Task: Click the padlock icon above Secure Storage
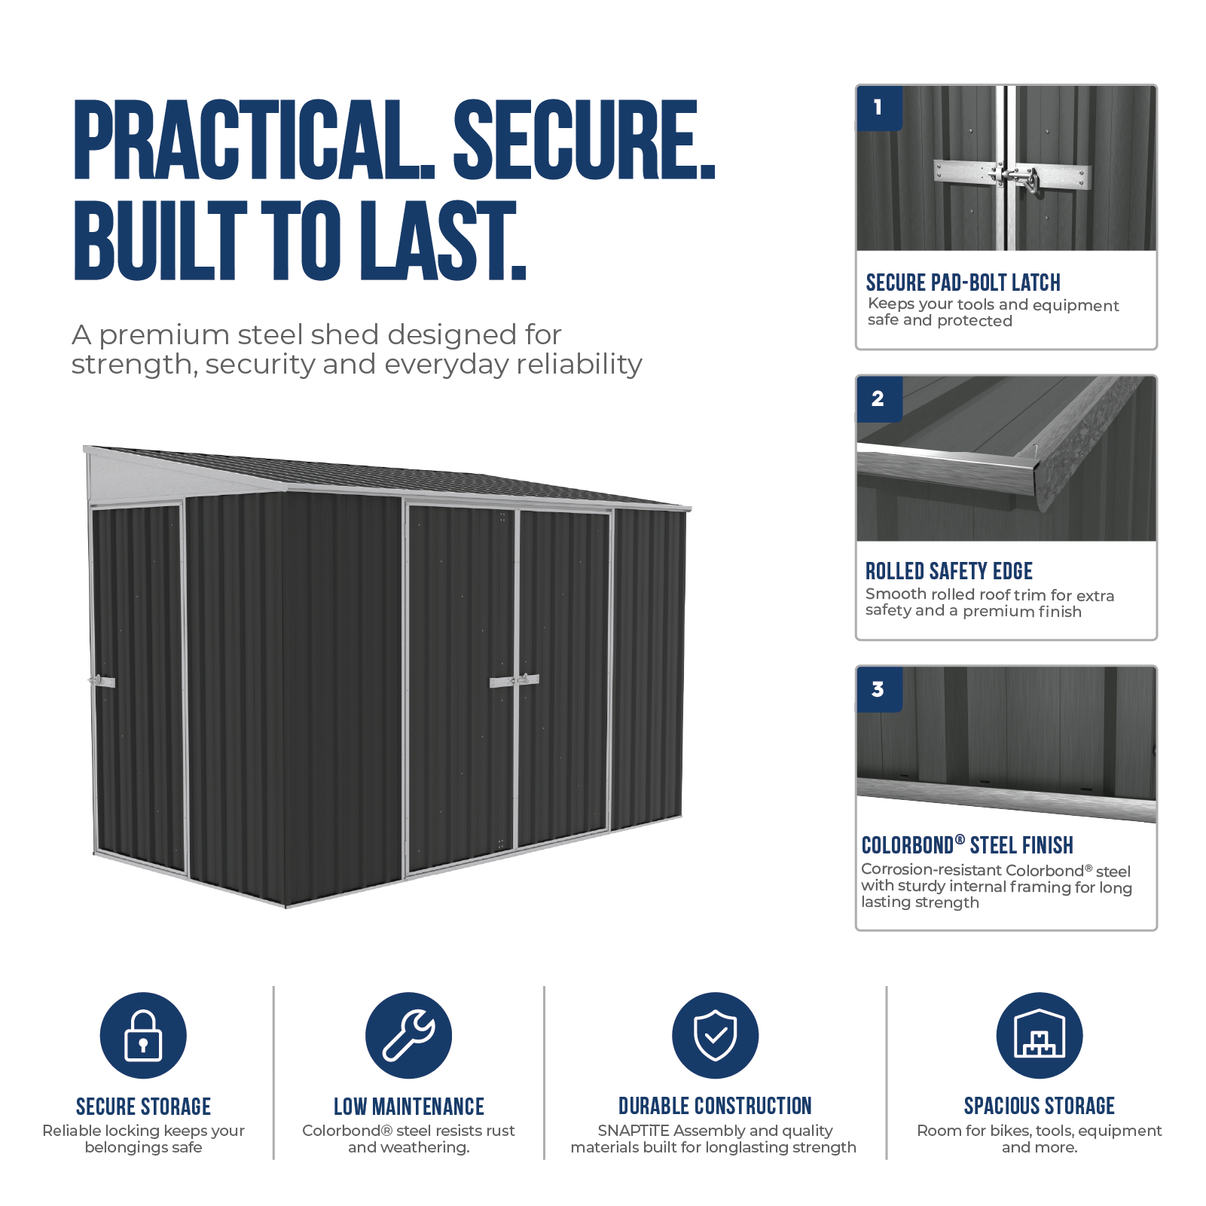point(143,1035)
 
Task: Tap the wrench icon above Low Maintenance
point(408,1035)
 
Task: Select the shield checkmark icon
point(715,1035)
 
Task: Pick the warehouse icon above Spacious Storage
point(1039,1035)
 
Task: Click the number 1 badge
point(879,108)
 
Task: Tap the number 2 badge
point(879,398)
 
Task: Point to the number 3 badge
point(879,689)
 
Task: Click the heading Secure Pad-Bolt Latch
point(963,282)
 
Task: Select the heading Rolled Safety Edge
point(948,571)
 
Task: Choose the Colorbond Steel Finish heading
point(967,845)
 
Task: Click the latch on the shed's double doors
point(514,680)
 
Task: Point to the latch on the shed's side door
point(102,681)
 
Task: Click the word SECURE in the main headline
point(584,140)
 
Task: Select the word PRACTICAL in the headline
point(254,140)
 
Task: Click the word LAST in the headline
point(442,240)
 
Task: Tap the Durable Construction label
point(715,1106)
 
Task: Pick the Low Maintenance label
point(409,1107)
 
